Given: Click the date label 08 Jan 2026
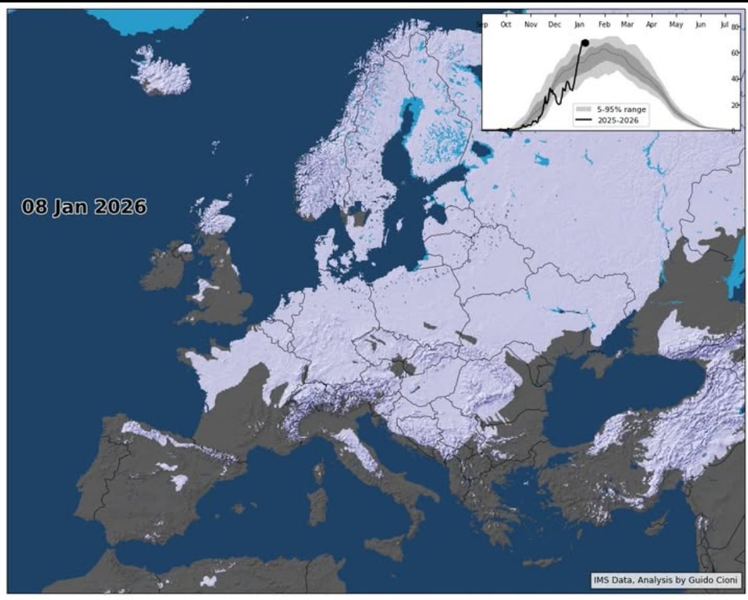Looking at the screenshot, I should [x=84, y=207].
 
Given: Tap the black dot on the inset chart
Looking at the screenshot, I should [x=585, y=42].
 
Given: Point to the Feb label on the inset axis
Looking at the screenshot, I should [x=603, y=25].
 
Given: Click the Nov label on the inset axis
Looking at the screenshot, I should [x=530, y=25].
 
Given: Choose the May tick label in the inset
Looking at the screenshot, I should [x=676, y=25].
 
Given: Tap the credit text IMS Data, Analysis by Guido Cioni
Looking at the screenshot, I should [x=666, y=581].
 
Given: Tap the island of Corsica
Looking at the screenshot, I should [x=319, y=473].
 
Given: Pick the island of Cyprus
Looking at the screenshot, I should [x=656, y=525].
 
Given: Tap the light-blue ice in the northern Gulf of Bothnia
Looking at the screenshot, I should [x=408, y=112].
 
